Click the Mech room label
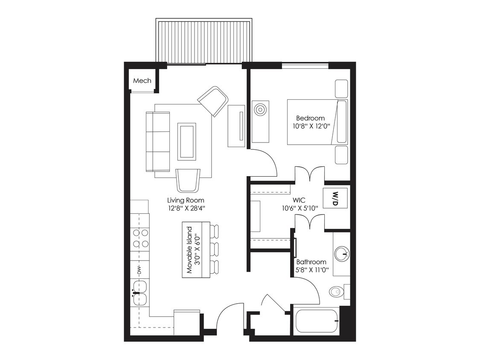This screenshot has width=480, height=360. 142,81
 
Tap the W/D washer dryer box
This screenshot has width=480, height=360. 335,198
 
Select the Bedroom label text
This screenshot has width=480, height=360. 310,118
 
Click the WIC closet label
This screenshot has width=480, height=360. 298,200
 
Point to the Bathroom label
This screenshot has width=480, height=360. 311,262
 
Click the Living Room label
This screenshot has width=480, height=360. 186,200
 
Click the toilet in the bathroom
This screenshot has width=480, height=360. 337,292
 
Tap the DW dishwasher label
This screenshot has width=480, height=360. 139,270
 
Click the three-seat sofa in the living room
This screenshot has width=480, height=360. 157,141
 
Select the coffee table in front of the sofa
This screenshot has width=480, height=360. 186,141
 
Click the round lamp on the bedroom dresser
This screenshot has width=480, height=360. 260,110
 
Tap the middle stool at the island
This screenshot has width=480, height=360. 215,249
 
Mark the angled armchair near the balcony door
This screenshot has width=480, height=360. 213,101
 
